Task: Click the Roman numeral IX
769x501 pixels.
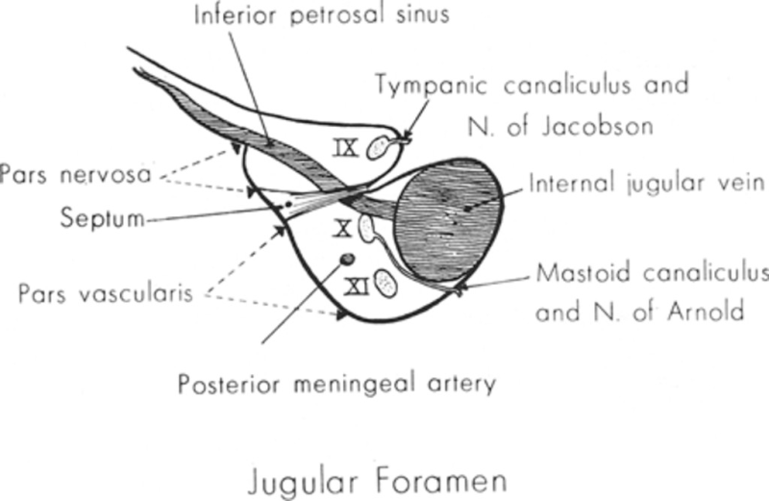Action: tap(347, 147)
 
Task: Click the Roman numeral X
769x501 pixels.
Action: tap(343, 229)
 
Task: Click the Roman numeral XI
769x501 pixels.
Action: tap(357, 287)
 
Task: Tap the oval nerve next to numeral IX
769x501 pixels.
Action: tap(377, 147)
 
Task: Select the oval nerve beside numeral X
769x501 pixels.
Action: tap(366, 229)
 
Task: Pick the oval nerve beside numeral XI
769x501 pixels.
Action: tap(385, 283)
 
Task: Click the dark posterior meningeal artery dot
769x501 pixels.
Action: tap(347, 259)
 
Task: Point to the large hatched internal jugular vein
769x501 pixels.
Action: tap(450, 221)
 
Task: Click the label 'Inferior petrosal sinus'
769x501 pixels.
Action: tap(322, 14)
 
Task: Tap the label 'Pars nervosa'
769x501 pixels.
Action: tap(76, 175)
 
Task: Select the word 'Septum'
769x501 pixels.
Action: tap(103, 217)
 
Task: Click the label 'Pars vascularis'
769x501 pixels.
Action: tap(106, 294)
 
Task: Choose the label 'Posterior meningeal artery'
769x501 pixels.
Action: tap(337, 384)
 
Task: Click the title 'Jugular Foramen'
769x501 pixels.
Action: tap(378, 481)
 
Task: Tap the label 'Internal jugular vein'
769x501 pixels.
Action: tap(647, 184)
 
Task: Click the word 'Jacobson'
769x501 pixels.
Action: tap(597, 127)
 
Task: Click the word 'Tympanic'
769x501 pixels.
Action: tap(432, 85)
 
